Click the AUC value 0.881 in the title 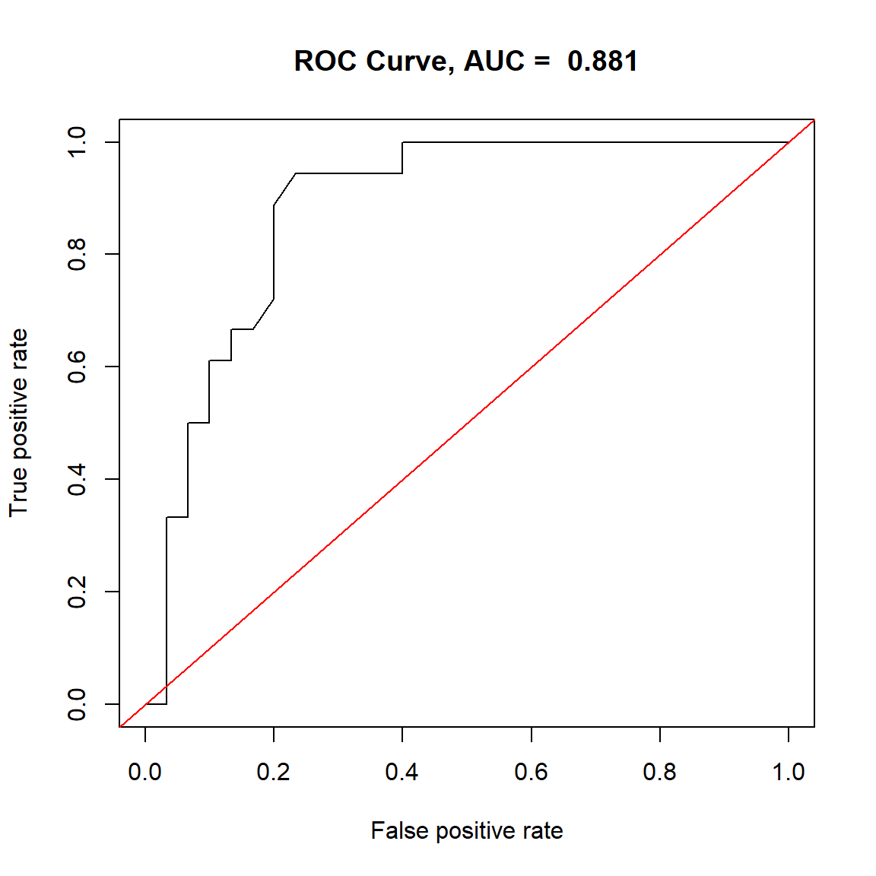click(602, 62)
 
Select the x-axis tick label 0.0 click(144, 772)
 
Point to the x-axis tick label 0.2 click(274, 772)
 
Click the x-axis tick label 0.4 click(402, 772)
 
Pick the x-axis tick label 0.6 click(531, 772)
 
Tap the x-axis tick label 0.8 click(659, 772)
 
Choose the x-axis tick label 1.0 click(789, 772)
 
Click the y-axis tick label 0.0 click(78, 704)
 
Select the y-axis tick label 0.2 click(78, 592)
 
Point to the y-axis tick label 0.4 click(78, 479)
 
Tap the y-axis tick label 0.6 click(78, 367)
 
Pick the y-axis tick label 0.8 click(78, 254)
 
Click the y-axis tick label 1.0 click(78, 142)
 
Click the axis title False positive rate click(467, 831)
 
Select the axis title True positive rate click(19, 423)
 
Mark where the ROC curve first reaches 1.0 click(402, 142)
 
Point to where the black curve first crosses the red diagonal click(167, 686)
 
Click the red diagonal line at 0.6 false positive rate click(531, 367)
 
